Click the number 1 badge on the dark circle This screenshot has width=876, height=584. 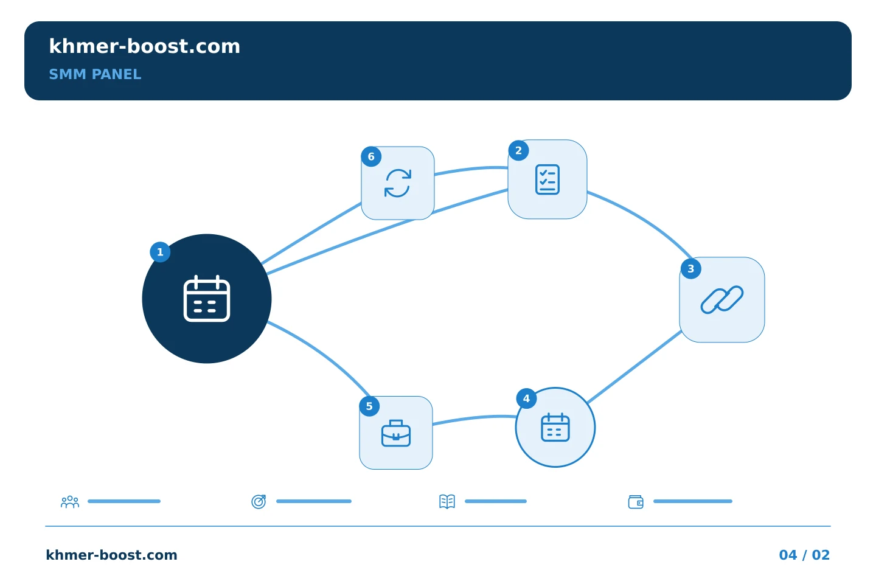160,252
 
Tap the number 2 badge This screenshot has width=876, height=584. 518,151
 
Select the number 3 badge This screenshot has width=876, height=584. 690,269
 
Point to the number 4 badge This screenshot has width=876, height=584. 526,398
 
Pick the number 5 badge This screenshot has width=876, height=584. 369,406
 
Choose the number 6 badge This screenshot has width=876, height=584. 371,157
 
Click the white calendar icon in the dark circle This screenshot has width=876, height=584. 206,299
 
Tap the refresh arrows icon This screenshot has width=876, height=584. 398,183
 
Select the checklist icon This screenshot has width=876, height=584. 547,179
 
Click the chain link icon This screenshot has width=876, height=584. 722,300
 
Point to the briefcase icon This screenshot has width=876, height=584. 396,433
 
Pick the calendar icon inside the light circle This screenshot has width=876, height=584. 555,427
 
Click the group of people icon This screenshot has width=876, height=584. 70,501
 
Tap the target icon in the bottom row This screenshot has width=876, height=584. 259,501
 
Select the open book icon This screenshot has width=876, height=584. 447,501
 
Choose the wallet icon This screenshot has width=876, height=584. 636,502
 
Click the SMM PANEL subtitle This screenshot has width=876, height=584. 95,74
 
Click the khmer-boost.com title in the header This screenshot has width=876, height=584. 144,46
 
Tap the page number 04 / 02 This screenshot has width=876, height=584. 804,555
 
